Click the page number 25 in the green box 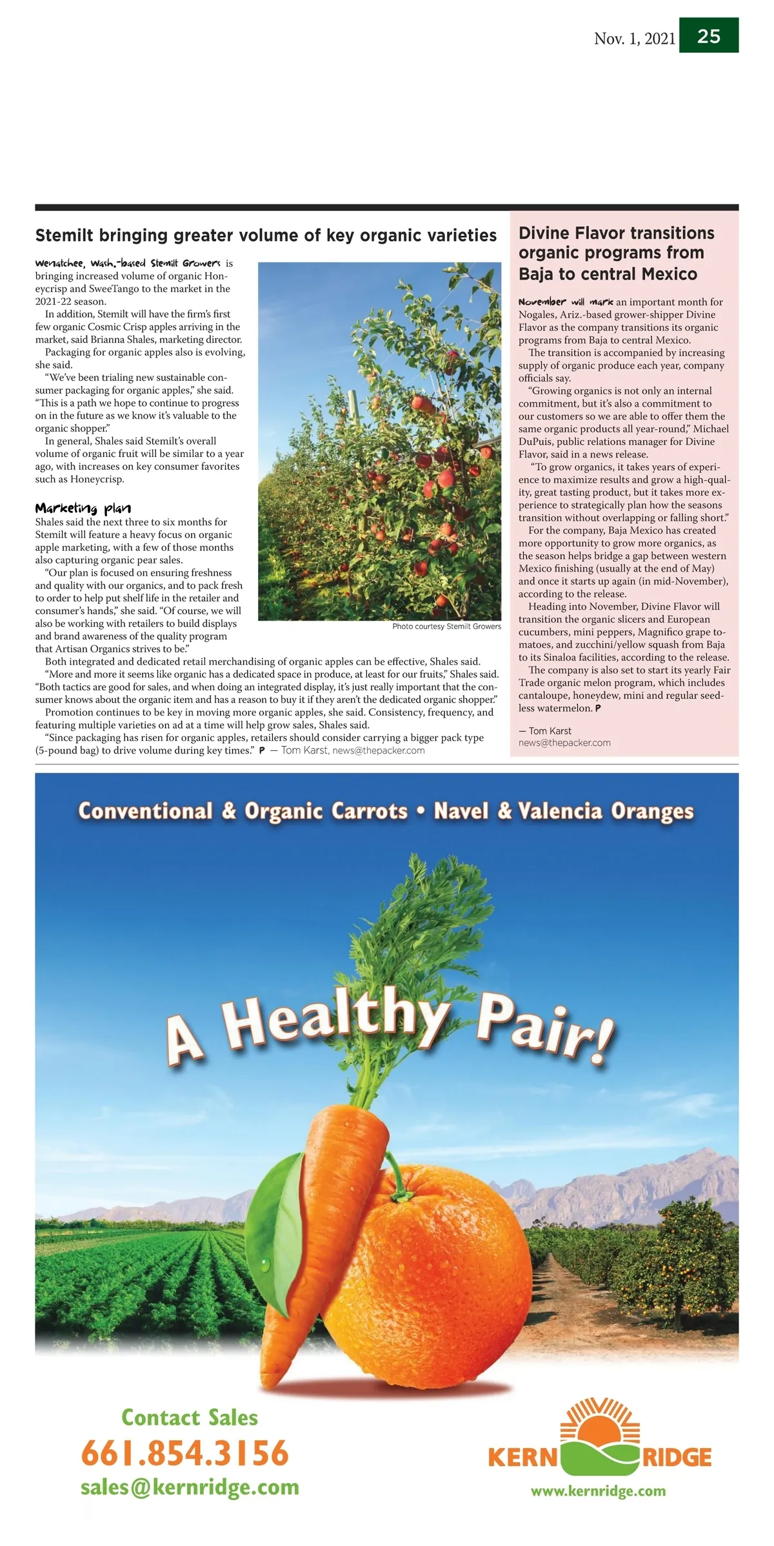click(x=708, y=35)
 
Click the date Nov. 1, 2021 click(x=634, y=39)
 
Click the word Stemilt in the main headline click(x=64, y=235)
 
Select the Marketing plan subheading click(x=83, y=508)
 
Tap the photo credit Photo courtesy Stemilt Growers click(x=446, y=626)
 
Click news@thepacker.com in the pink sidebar click(x=564, y=742)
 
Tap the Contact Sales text click(x=190, y=1418)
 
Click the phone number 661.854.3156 click(x=185, y=1454)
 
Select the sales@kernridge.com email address click(x=190, y=1487)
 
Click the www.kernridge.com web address click(x=598, y=1491)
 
